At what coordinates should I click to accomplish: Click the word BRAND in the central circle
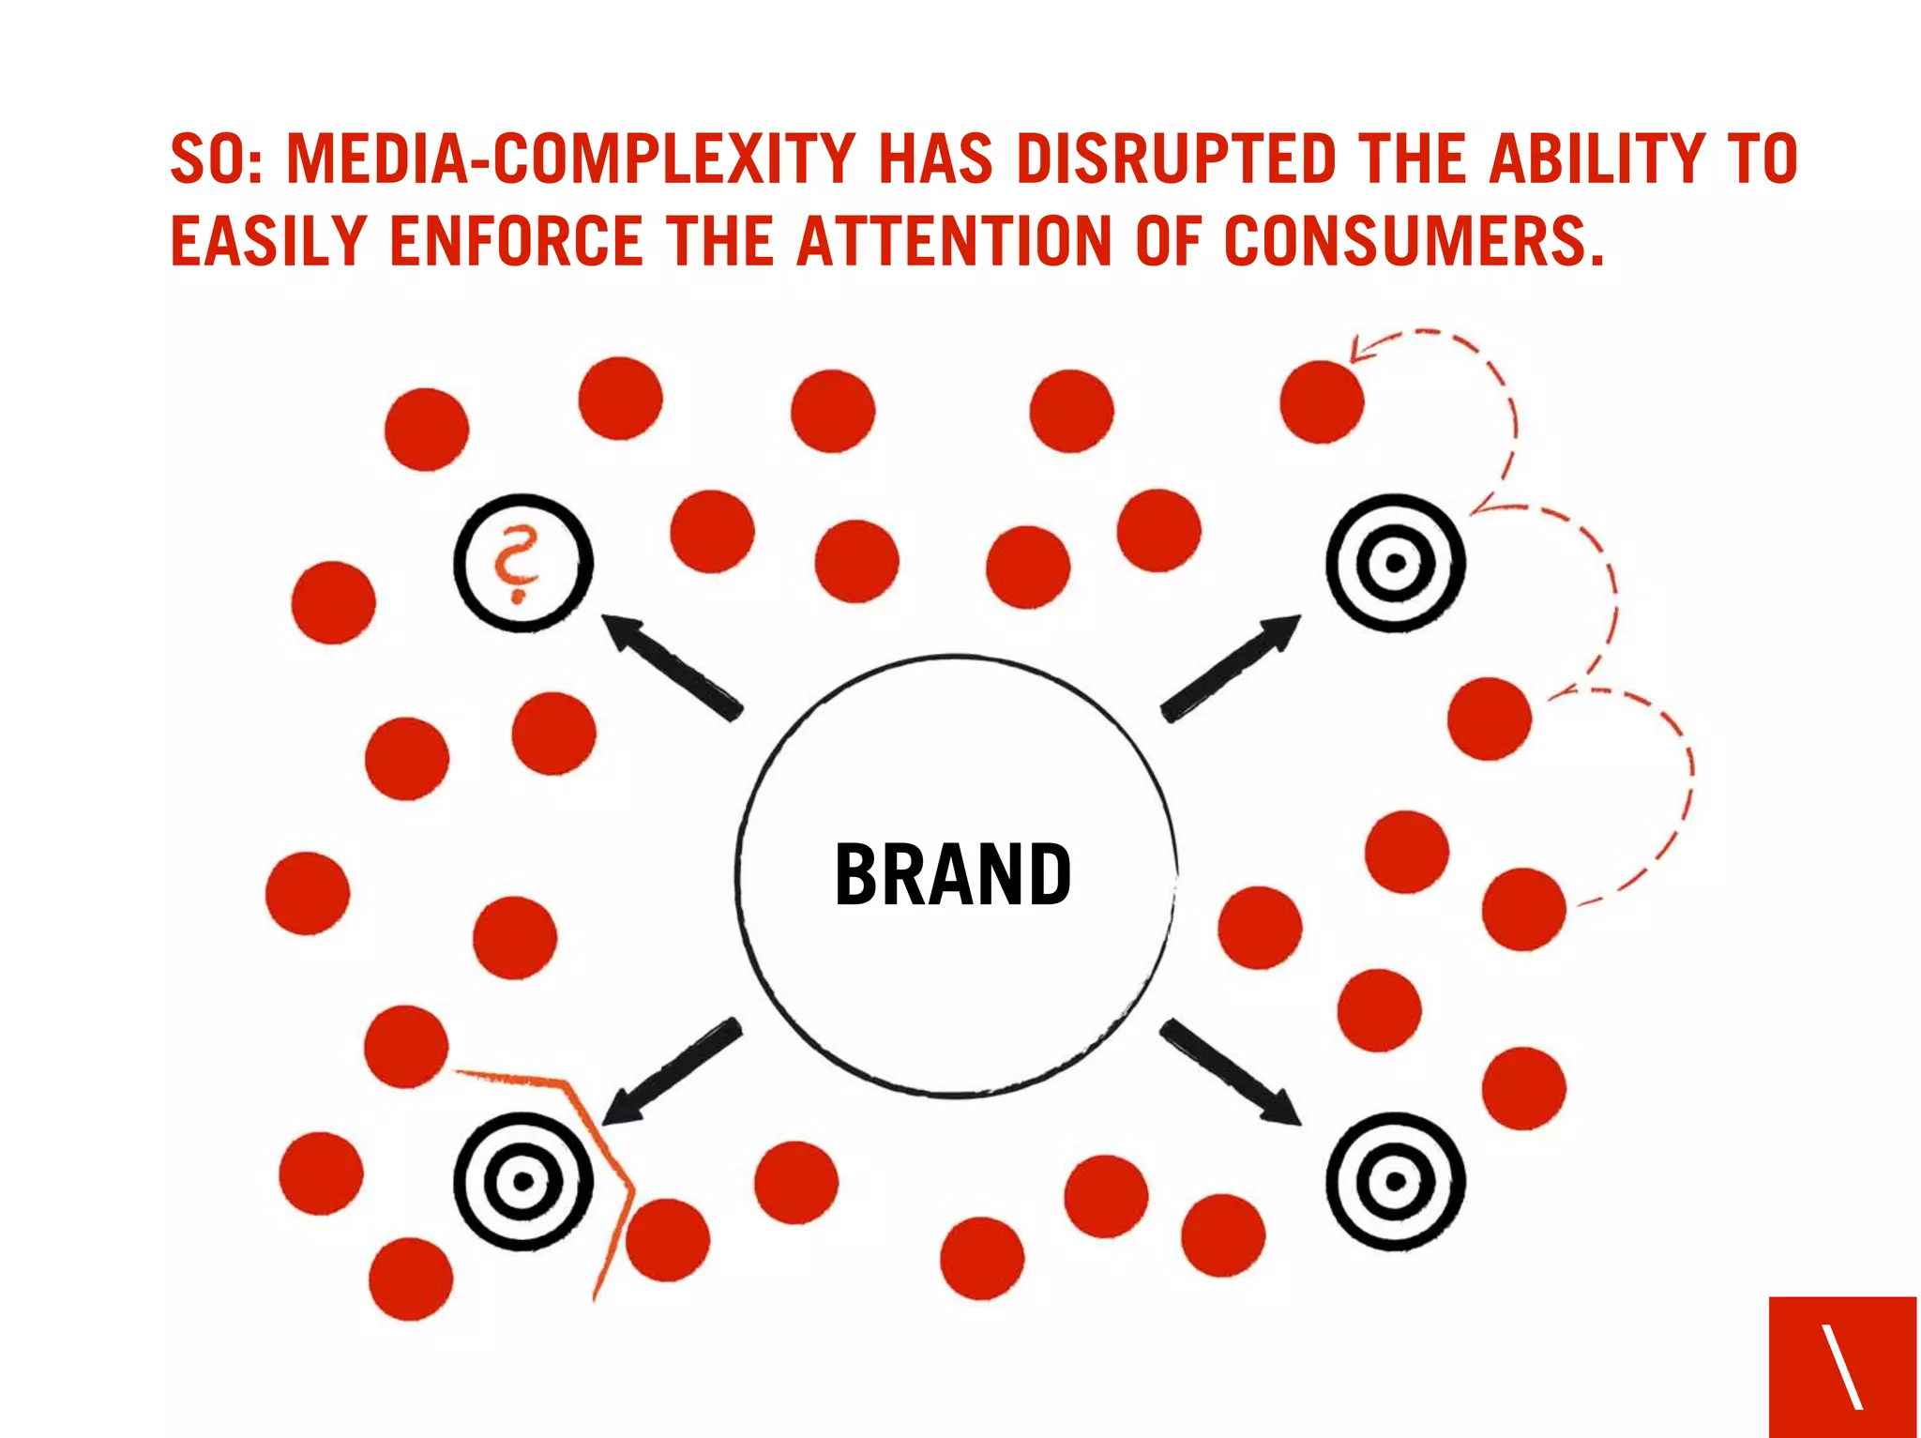(x=952, y=874)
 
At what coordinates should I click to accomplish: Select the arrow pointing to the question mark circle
(x=670, y=665)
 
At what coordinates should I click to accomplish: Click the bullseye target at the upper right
(x=1395, y=563)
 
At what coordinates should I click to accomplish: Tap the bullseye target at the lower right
(x=1395, y=1180)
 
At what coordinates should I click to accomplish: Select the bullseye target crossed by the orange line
(x=523, y=1180)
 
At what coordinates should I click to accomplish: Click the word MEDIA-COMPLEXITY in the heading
(x=570, y=159)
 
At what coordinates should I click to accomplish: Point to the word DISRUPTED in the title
(x=1176, y=159)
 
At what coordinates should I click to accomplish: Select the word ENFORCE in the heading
(x=516, y=241)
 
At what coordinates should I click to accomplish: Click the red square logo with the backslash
(x=1842, y=1366)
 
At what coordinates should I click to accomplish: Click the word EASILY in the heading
(x=268, y=241)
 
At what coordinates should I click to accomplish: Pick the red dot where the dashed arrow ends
(x=1322, y=401)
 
